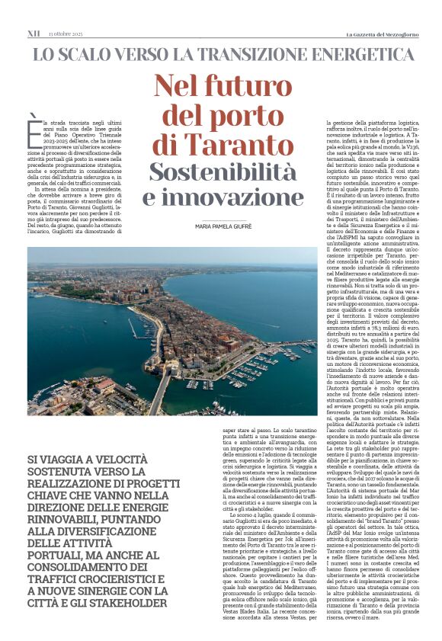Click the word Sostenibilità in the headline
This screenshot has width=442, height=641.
(221, 171)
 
